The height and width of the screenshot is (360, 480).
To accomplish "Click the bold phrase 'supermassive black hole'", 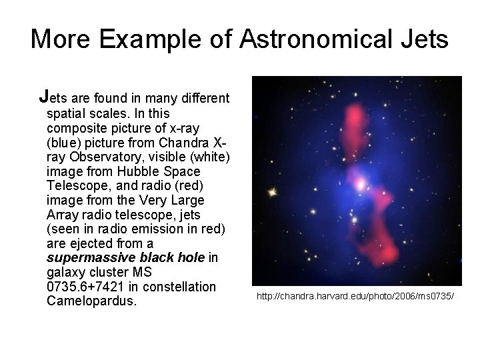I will (125, 257).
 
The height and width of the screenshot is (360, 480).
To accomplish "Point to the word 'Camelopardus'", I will (91, 301).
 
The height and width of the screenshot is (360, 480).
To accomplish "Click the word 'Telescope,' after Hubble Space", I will (77, 186).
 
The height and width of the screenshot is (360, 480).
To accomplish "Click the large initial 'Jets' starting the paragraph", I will (55, 98).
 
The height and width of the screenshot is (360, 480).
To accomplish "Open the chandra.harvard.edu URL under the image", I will (358, 294).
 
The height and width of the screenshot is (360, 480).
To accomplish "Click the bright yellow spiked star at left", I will (271, 193).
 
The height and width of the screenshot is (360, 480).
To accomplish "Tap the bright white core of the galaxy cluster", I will (359, 181).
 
